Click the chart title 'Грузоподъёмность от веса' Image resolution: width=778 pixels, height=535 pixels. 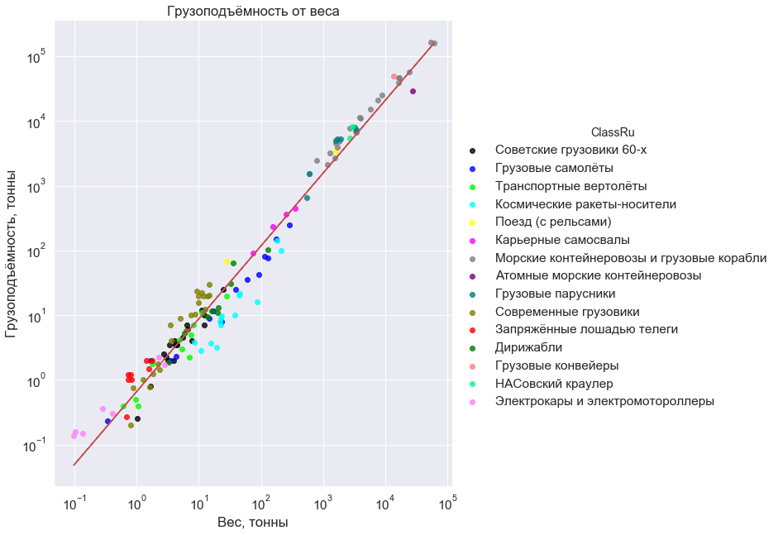pos(253,12)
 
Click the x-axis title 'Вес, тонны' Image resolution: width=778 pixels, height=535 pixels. pos(253,523)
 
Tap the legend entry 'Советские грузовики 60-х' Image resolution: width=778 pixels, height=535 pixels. pos(570,150)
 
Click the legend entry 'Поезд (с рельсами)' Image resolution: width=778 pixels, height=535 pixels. pos(553,222)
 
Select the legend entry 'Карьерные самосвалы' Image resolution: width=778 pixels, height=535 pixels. pos(562,240)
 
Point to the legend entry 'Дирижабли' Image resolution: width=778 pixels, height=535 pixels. pos(529,347)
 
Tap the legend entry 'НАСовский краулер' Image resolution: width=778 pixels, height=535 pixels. pos(554,384)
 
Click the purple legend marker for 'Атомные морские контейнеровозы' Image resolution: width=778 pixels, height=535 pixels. pos(472,276)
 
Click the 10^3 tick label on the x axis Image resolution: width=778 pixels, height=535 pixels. pos(323,503)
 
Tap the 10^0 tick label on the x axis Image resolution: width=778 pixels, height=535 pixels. pos(137,503)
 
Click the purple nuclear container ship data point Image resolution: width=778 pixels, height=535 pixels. pos(413,91)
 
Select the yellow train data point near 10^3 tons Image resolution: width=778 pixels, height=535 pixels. pos(336,152)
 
